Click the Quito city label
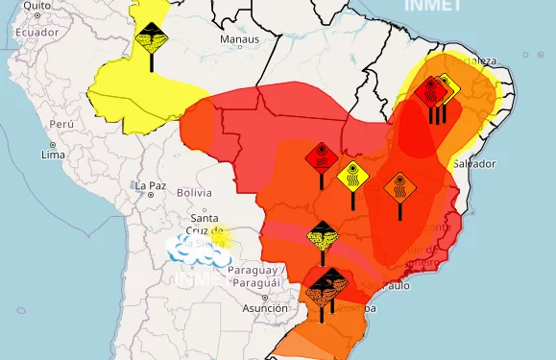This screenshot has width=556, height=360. click(36, 6)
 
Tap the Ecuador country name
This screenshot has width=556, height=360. click(37, 32)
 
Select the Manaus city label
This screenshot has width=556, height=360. click(239, 39)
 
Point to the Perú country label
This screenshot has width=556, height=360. click(62, 125)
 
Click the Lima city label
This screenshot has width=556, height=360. click(53, 155)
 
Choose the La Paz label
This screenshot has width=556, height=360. click(152, 185)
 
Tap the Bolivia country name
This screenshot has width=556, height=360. click(194, 193)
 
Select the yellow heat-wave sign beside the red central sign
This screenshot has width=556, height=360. click(352, 177)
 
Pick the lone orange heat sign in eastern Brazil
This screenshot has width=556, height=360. click(399, 186)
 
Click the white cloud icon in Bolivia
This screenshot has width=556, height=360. click(197, 251)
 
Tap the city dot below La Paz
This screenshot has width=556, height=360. click(152, 195)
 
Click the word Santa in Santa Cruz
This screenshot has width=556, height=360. click(203, 218)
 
